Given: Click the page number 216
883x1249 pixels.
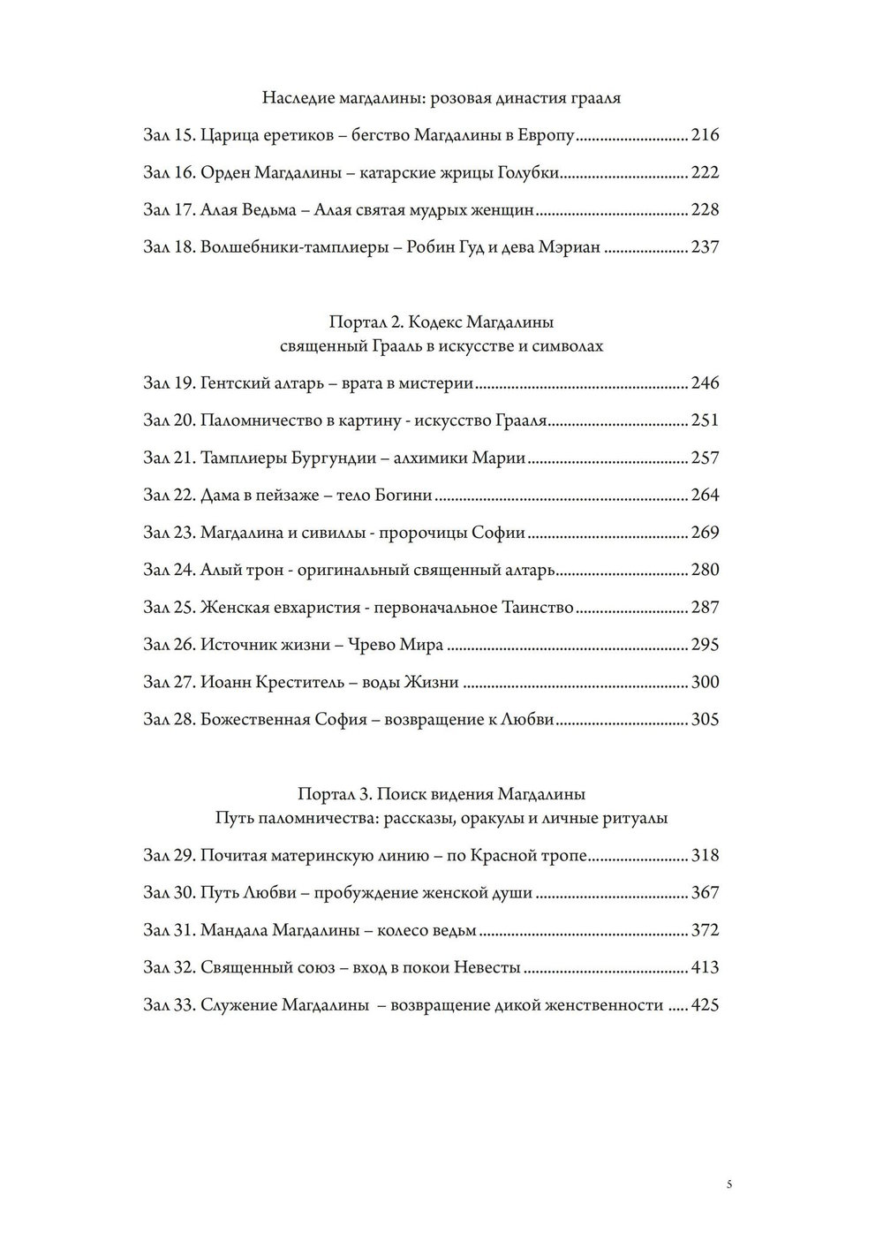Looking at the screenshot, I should pos(706,135).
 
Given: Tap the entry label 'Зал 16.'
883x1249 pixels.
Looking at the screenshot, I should pos(169,173).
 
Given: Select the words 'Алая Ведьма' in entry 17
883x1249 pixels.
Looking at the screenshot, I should pos(251,210).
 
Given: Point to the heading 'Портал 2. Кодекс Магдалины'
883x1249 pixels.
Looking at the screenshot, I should pos(441,322).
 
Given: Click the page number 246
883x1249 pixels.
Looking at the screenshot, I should pos(706,383).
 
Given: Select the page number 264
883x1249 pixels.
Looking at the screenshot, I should pos(706,496).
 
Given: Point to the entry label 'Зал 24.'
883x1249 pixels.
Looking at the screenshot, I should pos(169,570).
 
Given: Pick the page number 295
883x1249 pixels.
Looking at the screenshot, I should pos(706,645).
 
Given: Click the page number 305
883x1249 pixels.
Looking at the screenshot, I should pos(706,720).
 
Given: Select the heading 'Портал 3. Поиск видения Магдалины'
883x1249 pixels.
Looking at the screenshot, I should pos(441,794).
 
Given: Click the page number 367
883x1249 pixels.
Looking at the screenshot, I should pos(706,893).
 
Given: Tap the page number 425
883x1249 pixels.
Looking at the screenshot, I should pos(706,1005).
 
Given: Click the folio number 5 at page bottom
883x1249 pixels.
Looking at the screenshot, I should pos(728,1185).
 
